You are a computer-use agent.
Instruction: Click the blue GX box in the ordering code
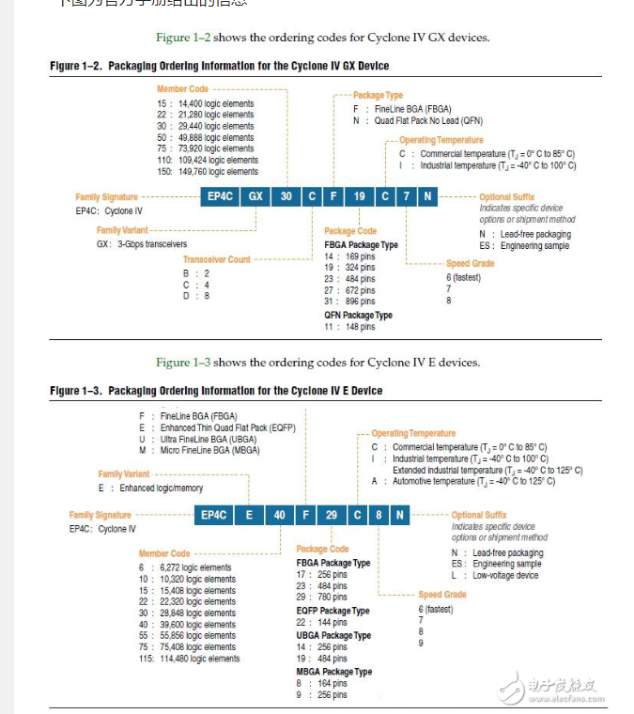[255, 196]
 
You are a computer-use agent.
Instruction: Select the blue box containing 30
[287, 196]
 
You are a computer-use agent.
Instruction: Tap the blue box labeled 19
[360, 196]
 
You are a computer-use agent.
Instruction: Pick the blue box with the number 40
[280, 514]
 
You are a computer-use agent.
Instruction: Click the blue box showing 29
[332, 514]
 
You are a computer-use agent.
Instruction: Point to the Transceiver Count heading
[216, 259]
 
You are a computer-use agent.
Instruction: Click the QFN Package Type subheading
[358, 315]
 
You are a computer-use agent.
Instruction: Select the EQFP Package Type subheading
[333, 611]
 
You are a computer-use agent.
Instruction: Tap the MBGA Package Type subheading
[334, 672]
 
